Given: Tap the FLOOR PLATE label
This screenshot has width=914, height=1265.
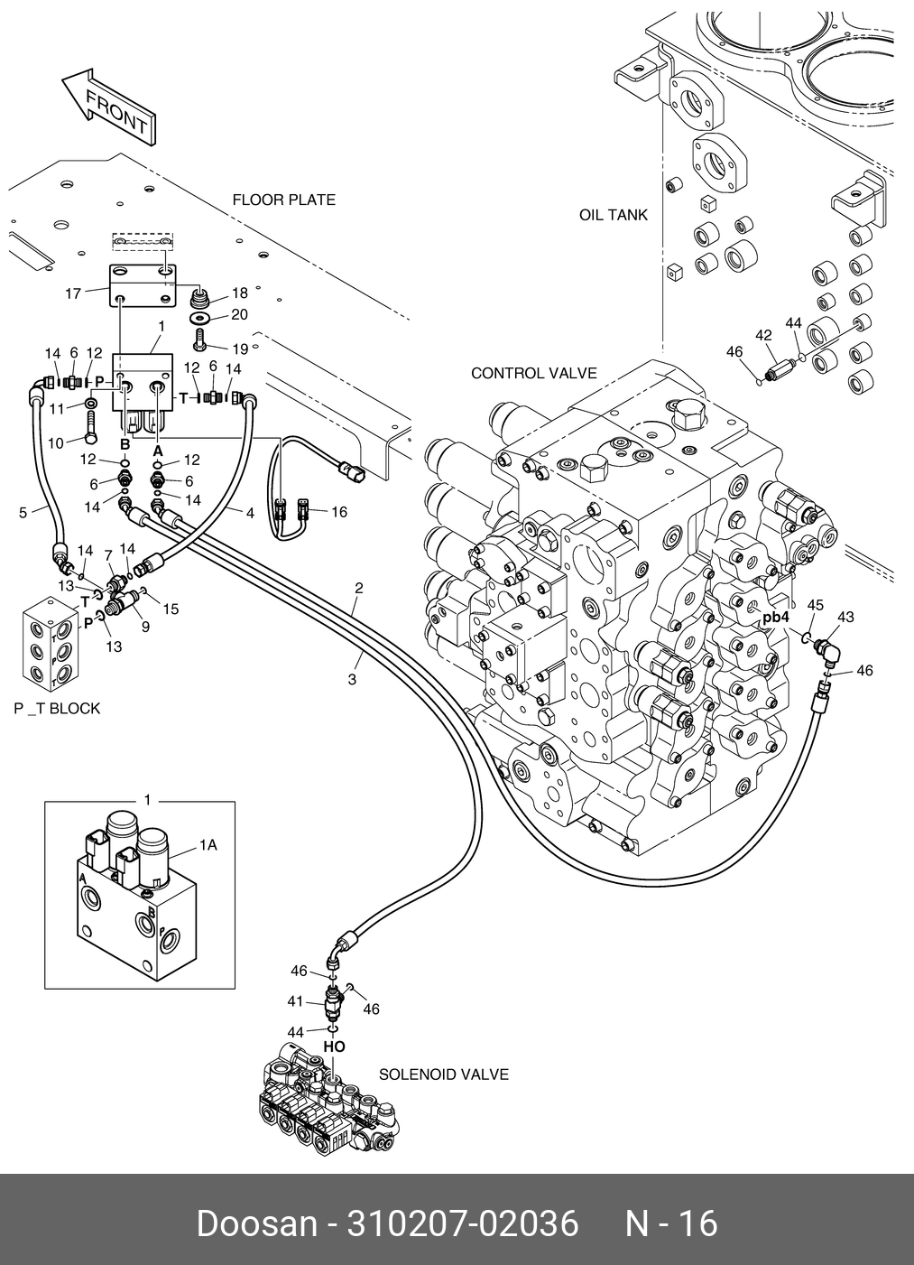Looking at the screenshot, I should click(283, 200).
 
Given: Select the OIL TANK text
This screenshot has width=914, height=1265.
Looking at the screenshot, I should click(614, 215).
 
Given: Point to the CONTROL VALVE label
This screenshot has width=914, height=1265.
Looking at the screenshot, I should click(533, 373).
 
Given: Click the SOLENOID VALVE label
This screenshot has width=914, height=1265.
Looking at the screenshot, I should click(443, 1074).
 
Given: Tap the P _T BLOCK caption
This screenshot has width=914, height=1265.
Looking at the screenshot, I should click(57, 709).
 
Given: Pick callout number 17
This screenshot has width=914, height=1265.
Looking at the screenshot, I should click(73, 293).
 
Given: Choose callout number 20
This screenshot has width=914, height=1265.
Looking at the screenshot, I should click(239, 314).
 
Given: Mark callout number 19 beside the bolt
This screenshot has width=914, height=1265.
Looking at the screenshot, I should click(239, 349).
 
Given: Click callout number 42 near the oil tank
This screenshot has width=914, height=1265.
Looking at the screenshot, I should click(763, 335).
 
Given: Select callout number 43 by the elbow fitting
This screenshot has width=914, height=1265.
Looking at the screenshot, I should click(845, 617).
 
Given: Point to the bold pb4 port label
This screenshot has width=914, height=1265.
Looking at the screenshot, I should click(775, 618).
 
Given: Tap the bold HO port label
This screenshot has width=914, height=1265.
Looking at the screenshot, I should click(334, 1046).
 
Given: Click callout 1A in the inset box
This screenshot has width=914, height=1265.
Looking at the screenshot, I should click(208, 845).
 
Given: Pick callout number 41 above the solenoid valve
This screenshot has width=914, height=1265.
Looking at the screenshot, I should click(295, 1000).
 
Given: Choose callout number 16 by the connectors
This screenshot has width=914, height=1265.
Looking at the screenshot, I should click(338, 512).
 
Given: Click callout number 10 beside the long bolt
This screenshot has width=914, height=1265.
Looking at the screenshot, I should click(54, 442).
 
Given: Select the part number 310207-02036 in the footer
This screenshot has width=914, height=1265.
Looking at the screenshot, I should click(464, 1224).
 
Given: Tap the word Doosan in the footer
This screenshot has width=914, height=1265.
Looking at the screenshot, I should click(256, 1224).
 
